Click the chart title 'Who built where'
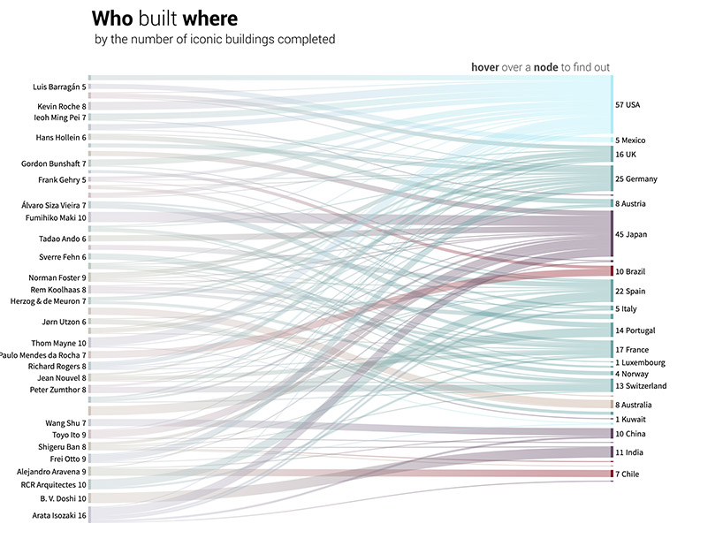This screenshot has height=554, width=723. pos(164,19)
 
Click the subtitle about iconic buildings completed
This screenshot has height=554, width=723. pos(215,40)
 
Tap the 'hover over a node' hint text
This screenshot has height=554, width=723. pos(539,67)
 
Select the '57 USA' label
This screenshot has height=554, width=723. pos(628,105)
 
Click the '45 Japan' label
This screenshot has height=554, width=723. pos(631,234)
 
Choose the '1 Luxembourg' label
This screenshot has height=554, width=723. pos(640,362)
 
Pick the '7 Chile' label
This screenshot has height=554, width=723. pos(628,474)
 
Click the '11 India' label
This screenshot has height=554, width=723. pos(629,452)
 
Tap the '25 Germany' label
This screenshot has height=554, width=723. pos(636,179)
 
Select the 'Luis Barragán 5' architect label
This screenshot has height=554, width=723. pos(59,87)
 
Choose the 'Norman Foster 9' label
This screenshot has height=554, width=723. pos(57,278)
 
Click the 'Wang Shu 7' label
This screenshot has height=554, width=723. pos(65,423)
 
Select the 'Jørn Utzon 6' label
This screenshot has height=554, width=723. pos(64,323)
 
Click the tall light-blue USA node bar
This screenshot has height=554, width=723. pos(612,104)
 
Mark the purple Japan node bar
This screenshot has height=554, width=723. pos(612,234)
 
